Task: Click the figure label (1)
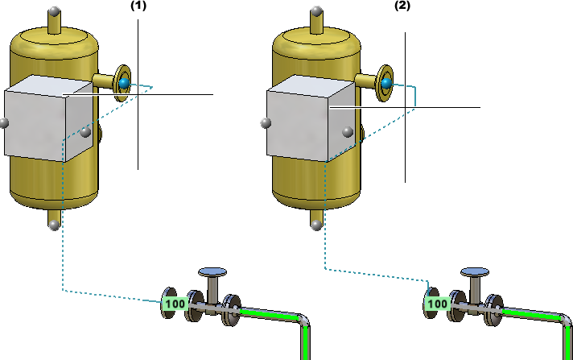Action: [x=138, y=6]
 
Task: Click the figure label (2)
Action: [x=402, y=6]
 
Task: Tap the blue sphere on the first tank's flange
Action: [x=124, y=84]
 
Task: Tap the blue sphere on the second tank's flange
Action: [x=386, y=84]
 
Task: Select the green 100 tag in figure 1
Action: [x=175, y=304]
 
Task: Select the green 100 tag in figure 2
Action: [x=438, y=304]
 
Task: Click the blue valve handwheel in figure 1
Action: [x=212, y=272]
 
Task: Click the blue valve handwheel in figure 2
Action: [x=475, y=272]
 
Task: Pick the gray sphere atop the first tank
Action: [x=55, y=11]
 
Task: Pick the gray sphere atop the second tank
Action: [x=317, y=11]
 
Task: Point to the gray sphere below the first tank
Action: [x=54, y=226]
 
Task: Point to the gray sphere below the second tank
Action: [x=316, y=226]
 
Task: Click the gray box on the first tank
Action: [x=48, y=118]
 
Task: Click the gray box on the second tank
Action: [x=311, y=118]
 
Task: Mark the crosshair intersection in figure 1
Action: [x=138, y=94]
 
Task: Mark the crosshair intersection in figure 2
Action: [x=405, y=107]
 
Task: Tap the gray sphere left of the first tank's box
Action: [x=4, y=123]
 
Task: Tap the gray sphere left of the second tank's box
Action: [x=266, y=123]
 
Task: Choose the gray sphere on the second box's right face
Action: [x=348, y=132]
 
